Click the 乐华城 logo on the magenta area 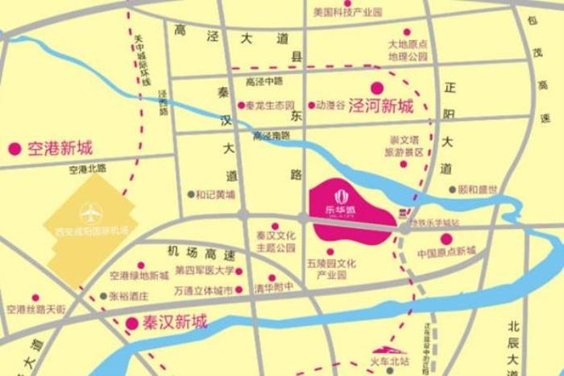(338, 199)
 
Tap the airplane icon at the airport (91, 214)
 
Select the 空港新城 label (60, 148)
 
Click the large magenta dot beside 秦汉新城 (131, 323)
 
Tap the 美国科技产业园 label (347, 13)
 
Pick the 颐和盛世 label (478, 190)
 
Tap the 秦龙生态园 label (272, 106)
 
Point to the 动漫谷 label (330, 106)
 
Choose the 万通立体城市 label (203, 289)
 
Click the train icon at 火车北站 (385, 364)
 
